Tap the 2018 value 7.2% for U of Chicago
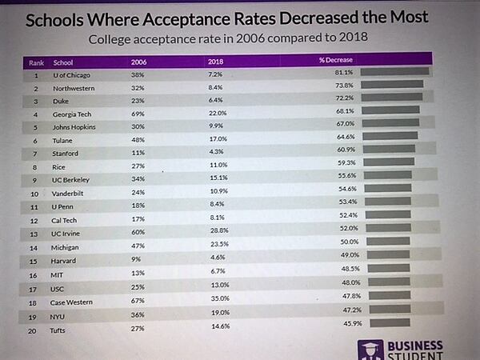(x=215, y=74)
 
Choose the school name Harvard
(x=65, y=261)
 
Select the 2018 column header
(x=215, y=62)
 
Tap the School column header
(x=62, y=62)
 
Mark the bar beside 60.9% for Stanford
(x=388, y=149)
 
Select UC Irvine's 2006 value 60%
(x=137, y=234)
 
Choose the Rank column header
(x=36, y=62)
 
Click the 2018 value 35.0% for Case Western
(x=218, y=299)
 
